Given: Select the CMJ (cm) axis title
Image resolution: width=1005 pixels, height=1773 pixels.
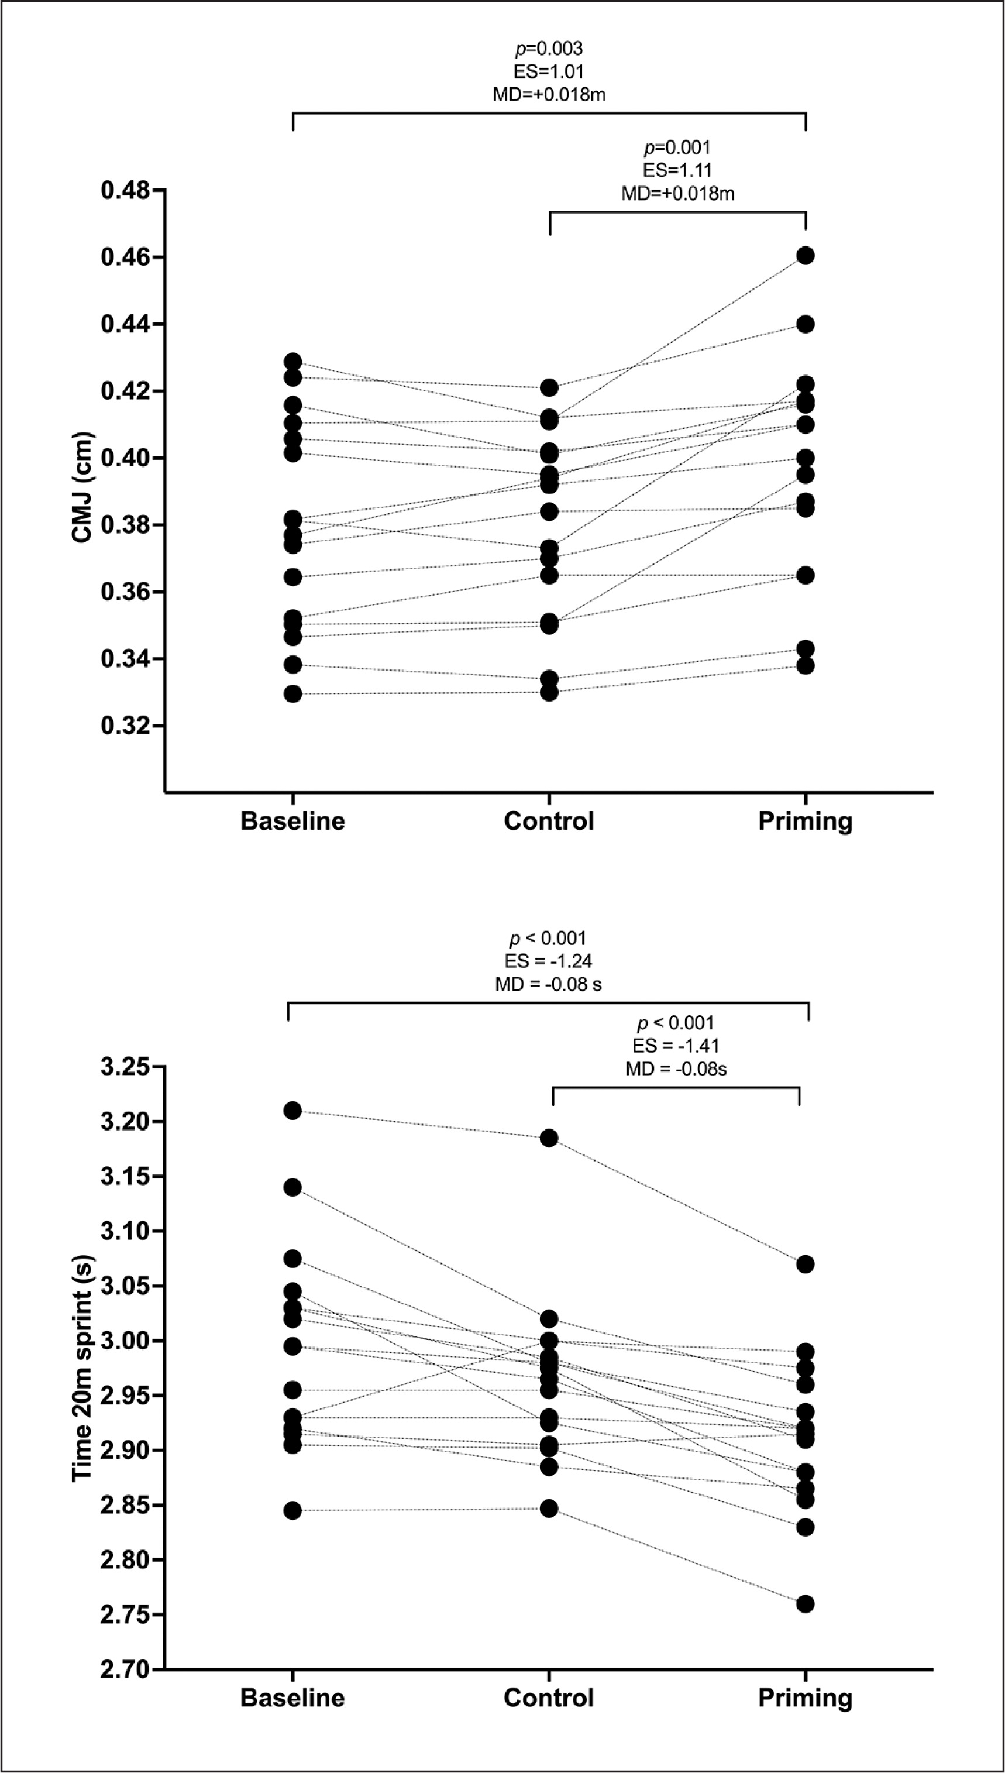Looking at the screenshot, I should point(83,487).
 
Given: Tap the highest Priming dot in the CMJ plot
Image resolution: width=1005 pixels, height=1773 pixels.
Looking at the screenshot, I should point(806,256).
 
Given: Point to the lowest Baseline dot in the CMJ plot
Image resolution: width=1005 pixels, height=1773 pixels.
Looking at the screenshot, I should point(292,694).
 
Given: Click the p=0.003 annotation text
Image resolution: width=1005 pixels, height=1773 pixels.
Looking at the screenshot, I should point(549,49).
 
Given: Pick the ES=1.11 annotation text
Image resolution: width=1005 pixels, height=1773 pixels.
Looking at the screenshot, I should point(677,170).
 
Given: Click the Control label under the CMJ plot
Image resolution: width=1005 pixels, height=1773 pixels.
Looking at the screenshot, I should point(549,821).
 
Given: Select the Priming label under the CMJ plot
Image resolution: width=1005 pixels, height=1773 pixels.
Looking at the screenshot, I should point(805,821).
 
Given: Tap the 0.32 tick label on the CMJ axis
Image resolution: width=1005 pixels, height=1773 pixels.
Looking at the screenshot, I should point(125,726).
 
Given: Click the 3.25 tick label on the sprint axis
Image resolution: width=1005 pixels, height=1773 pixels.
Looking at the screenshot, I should point(125,1067).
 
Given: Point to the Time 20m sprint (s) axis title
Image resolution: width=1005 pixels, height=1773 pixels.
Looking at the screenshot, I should point(83,1367).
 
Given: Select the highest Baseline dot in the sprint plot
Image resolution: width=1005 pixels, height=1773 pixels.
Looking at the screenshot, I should point(292,1111).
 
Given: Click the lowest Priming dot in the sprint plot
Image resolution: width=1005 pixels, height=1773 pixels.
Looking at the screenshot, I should point(806,1604).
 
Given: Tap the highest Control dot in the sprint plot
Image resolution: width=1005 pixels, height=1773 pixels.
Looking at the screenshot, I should point(549,1138).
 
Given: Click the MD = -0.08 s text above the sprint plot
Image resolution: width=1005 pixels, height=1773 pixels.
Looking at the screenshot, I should point(548,984).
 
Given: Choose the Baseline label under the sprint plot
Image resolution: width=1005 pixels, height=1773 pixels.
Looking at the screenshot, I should point(292,1698).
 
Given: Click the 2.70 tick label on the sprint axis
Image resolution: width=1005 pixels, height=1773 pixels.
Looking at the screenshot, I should point(125,1670).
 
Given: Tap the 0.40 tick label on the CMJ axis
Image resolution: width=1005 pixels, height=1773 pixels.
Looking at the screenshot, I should point(125,458).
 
